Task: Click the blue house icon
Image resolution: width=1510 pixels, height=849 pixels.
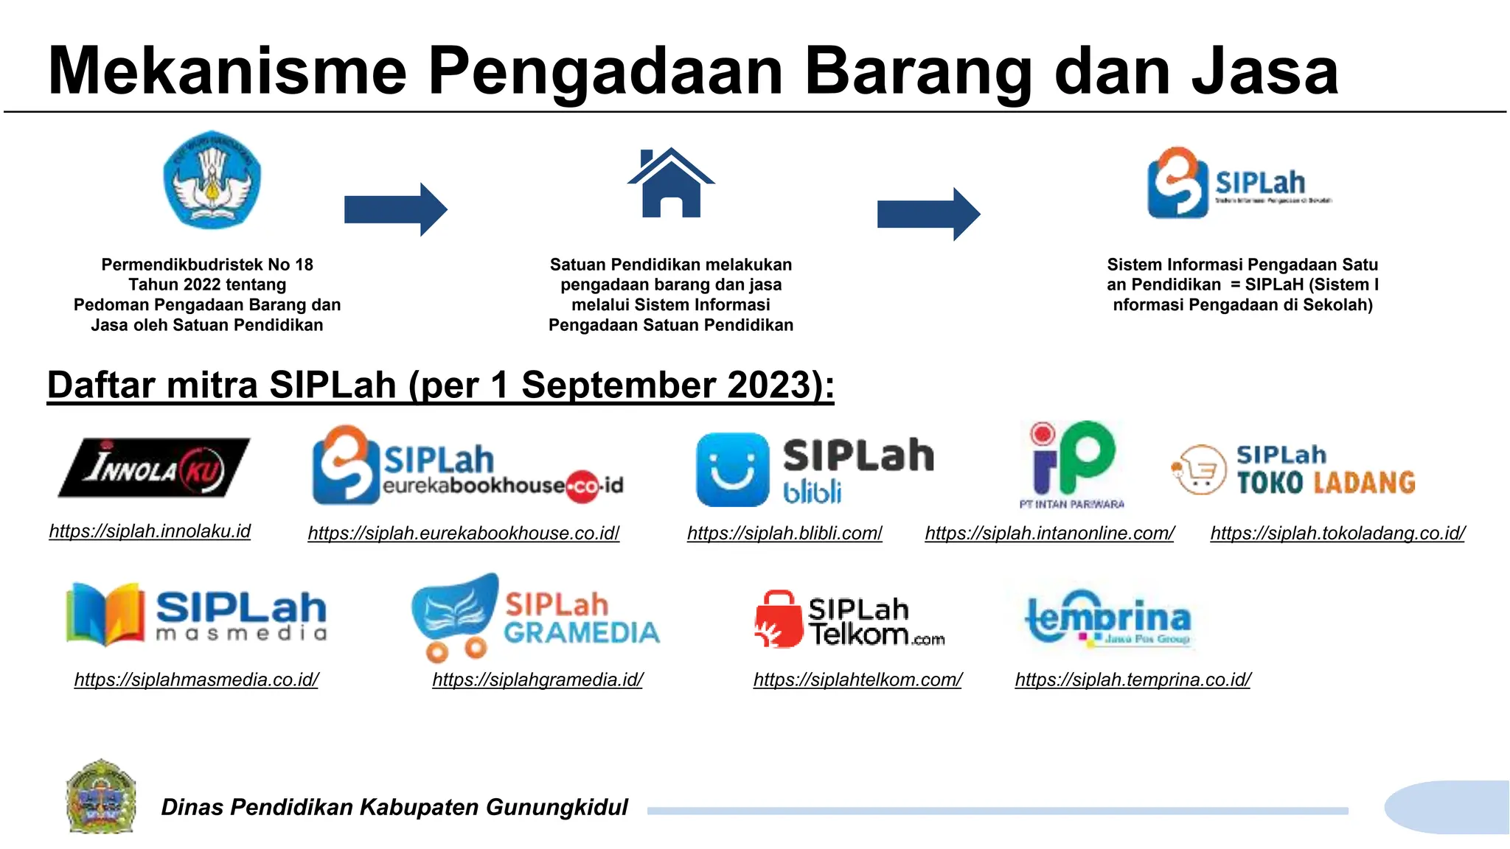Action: coord(670,184)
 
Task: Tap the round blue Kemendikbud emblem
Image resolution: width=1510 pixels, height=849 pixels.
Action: coord(212,181)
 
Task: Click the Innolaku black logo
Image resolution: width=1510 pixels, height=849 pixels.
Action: coord(154,467)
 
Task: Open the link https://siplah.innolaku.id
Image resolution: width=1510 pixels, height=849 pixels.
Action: coord(150,531)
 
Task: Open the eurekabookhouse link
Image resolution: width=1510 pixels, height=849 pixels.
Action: coord(463,533)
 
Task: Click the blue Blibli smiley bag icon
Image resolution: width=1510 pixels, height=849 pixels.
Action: coord(732,469)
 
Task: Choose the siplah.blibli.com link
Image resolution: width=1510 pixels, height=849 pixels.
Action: coord(784,533)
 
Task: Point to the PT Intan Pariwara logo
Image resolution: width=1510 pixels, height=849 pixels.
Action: coord(1072,465)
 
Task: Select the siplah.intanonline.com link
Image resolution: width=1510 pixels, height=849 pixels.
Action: coord(1049,533)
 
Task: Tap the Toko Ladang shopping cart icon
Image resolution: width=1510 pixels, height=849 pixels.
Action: coord(1198,469)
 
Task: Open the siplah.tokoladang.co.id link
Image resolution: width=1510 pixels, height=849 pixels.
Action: coord(1337,533)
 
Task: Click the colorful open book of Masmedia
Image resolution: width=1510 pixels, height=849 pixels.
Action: coord(105,614)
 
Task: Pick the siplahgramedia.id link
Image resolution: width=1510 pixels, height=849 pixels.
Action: coord(537,679)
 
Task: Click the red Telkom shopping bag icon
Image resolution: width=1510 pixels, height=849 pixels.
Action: coord(778,619)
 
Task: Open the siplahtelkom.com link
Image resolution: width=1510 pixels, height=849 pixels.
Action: coord(857,679)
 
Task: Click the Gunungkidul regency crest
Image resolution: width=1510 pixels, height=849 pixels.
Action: coord(101,797)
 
